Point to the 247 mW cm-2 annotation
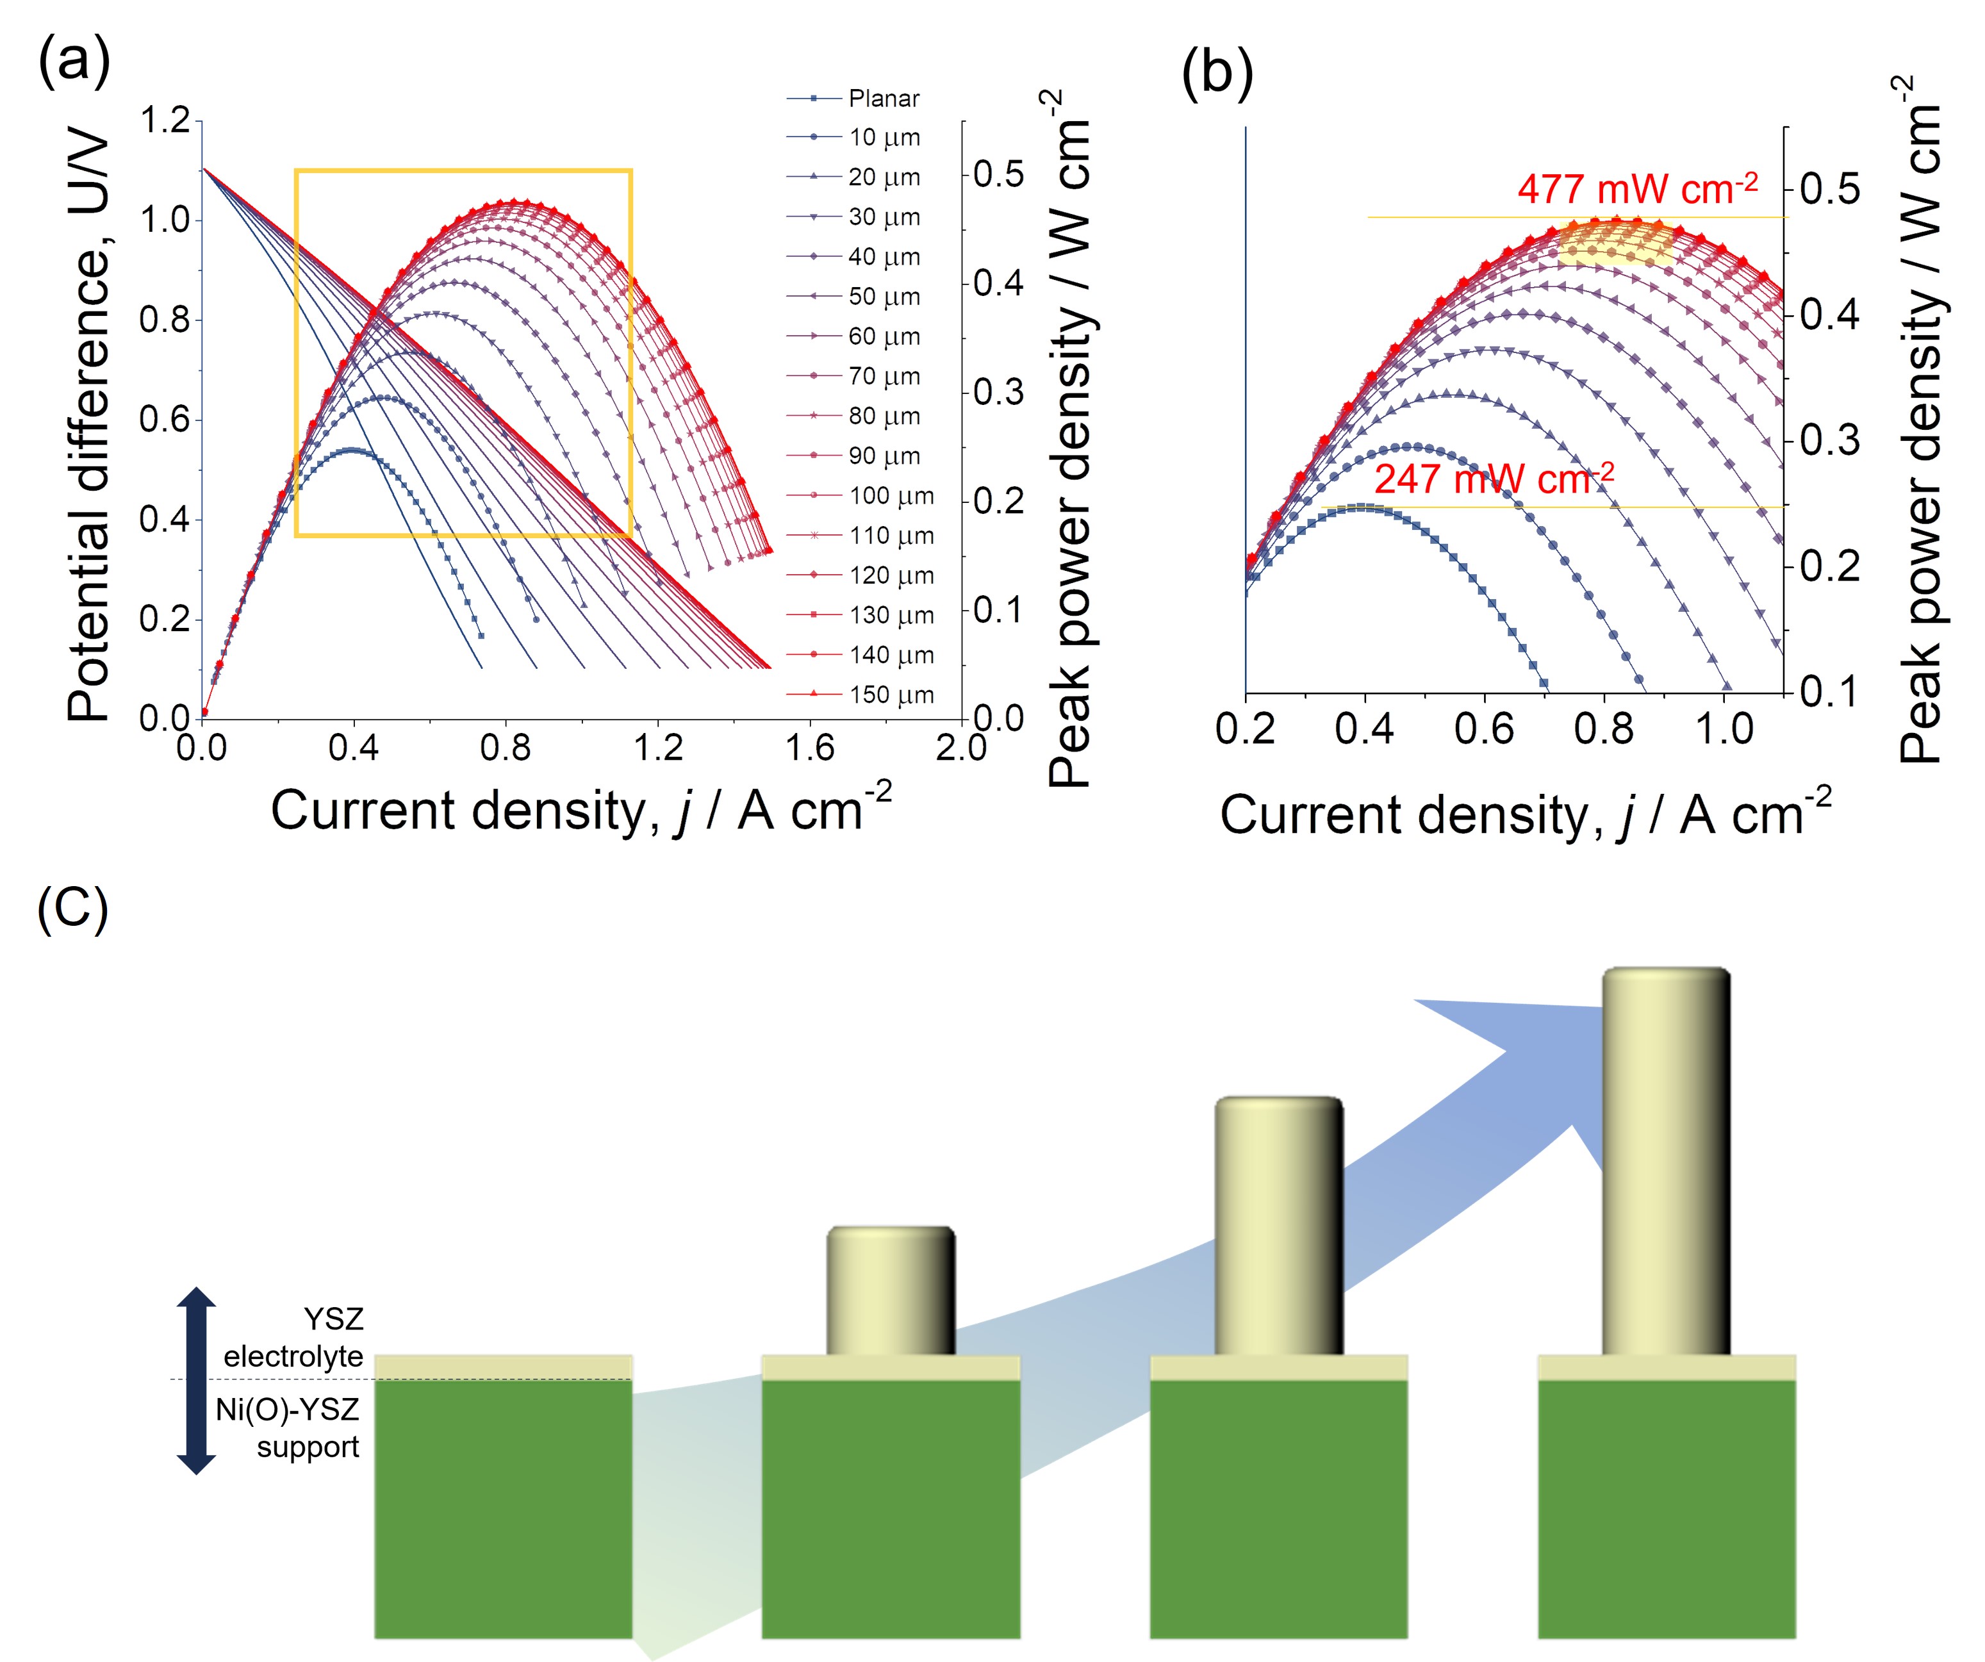coord(1494,479)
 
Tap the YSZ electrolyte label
coord(295,1338)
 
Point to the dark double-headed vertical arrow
coord(197,1380)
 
